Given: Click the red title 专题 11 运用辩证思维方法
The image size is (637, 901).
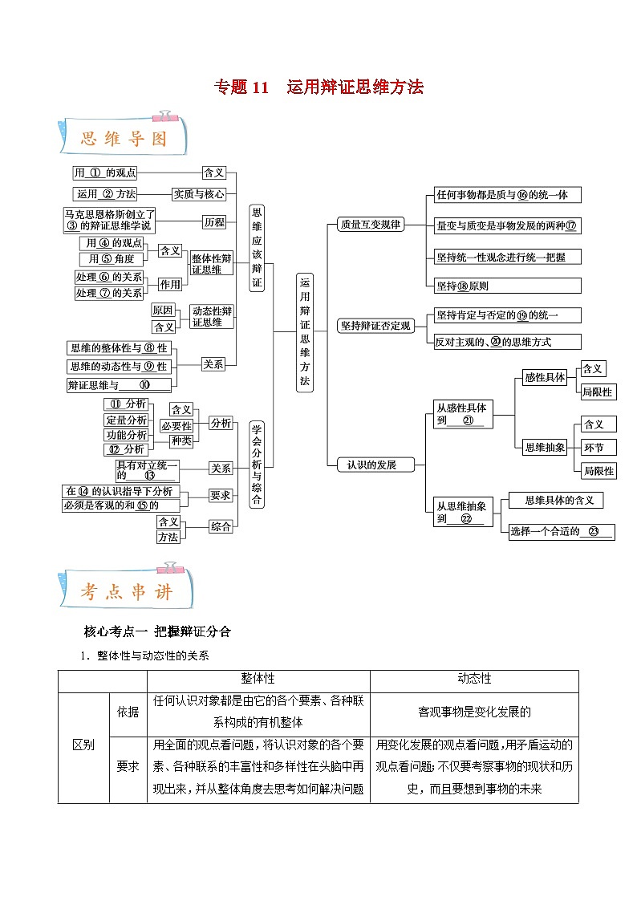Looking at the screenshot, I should click(318, 87).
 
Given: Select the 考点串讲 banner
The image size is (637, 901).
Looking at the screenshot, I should click(124, 592).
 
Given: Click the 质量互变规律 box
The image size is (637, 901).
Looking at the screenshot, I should click(370, 225).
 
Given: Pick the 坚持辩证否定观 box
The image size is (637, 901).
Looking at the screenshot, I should click(375, 326).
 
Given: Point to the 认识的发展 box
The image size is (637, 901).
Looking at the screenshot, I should click(371, 465).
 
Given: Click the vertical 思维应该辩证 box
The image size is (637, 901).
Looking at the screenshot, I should click(257, 247).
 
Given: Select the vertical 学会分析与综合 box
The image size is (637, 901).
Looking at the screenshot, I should click(257, 465).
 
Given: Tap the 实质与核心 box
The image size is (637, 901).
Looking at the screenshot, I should click(199, 194).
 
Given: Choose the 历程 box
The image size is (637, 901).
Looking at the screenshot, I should click(214, 222).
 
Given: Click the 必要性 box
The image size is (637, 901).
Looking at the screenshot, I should click(176, 426).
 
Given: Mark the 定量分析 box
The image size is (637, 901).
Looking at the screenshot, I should click(127, 420).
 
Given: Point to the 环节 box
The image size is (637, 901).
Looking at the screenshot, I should click(598, 448).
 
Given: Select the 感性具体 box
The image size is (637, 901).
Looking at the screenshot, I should click(545, 377).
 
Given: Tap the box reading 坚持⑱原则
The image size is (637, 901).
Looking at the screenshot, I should click(505, 286).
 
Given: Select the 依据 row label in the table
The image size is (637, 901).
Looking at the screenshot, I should click(128, 712).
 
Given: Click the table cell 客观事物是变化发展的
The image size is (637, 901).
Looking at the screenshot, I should click(474, 712).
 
